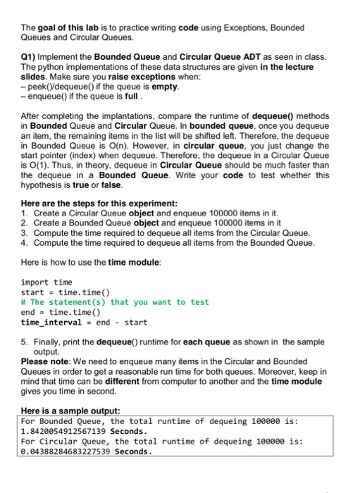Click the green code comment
click(115, 302)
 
